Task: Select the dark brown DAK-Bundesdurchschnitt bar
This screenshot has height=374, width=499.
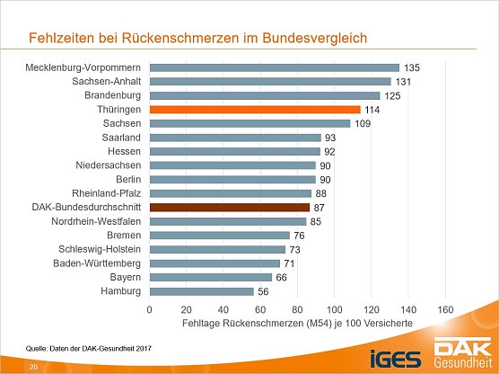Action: [x=230, y=207]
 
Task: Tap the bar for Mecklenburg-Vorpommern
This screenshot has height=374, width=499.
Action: [x=274, y=67]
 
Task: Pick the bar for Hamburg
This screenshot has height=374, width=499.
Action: [x=201, y=291]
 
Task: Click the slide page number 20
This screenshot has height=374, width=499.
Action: [x=33, y=367]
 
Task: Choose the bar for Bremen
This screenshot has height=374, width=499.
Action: [x=220, y=236]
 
